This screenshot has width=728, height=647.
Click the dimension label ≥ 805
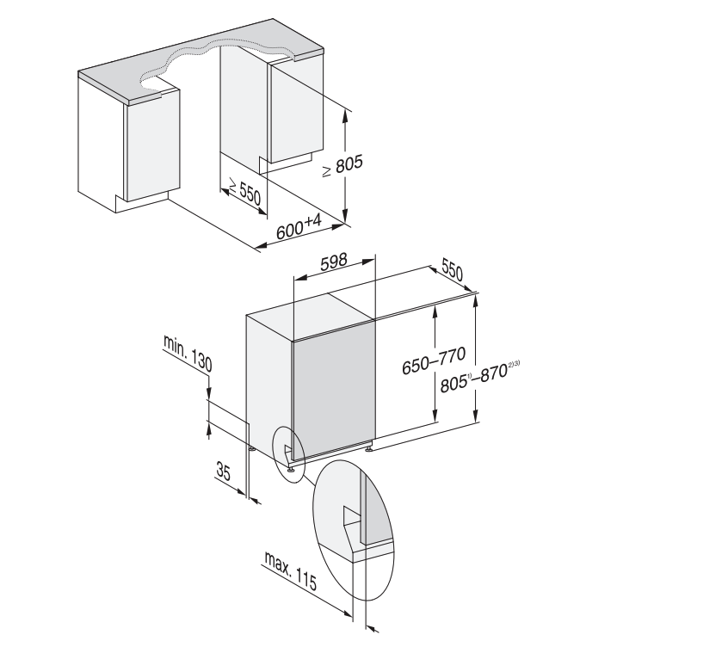(343, 166)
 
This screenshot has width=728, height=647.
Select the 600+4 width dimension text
(299, 228)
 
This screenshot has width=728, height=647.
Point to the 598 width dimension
(334, 264)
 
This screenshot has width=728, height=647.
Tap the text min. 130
(187, 353)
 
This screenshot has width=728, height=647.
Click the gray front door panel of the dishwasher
(333, 396)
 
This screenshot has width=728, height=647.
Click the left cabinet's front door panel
(152, 146)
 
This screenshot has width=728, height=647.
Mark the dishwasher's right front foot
(368, 447)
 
